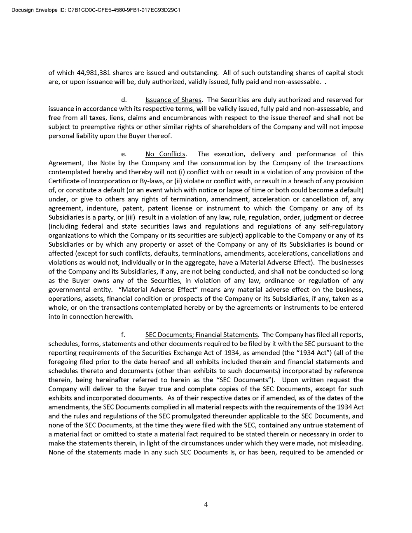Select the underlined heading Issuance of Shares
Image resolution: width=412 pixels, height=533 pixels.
(x=173, y=100)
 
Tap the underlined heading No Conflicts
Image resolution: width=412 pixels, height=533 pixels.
(x=165, y=154)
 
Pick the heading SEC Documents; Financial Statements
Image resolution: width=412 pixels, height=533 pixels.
(x=201, y=335)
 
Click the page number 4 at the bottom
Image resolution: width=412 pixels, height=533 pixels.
(x=206, y=505)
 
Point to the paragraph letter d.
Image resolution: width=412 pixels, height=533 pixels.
(x=123, y=100)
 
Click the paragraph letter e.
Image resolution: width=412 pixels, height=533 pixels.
(x=123, y=154)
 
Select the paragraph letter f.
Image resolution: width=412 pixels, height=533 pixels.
(x=123, y=335)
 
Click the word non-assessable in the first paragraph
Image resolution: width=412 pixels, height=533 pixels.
(x=297, y=82)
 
